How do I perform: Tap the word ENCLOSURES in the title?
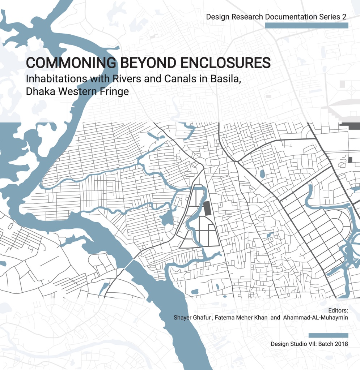(230, 63)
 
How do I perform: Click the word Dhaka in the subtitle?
(40, 91)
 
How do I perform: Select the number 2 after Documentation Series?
(344, 17)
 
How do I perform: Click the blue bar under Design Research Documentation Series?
(306, 25)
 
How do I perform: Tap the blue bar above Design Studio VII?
(329, 335)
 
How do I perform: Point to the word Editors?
(338, 310)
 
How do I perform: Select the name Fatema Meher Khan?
(241, 318)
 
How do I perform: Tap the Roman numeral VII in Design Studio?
(312, 344)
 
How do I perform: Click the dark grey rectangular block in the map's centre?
(207, 208)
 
